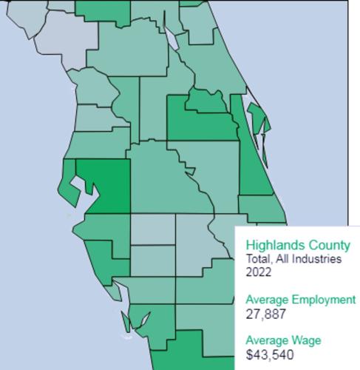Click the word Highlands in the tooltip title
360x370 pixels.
274,244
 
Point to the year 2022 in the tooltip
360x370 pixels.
259,272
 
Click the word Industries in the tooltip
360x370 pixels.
317,258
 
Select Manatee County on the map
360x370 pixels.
103,226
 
